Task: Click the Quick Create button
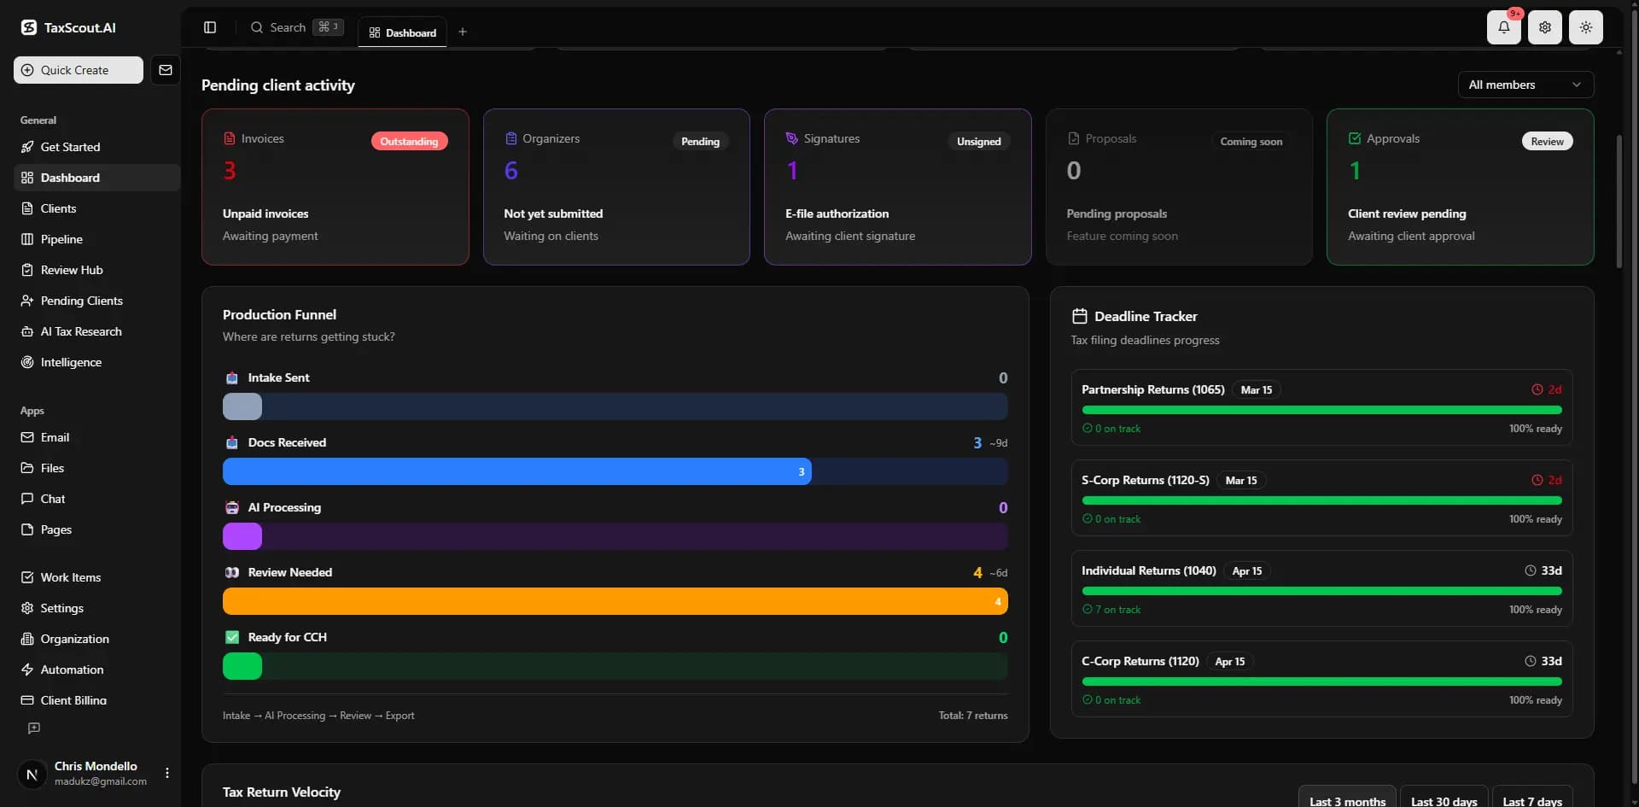79,70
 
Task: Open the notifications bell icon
1503,27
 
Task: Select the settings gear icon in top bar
1545,27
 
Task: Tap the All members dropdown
1525,85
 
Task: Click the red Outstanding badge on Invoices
409,141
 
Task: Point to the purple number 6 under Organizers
510,171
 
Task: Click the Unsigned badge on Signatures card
978,141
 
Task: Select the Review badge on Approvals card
1547,141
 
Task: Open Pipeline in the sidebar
61,239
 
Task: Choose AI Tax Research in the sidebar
81,331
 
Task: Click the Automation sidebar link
72,670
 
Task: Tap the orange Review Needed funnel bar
615,601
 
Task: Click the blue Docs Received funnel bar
517,471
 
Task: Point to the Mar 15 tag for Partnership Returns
1257,389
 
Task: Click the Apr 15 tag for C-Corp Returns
1229,661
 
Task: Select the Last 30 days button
1444,800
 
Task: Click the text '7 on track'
1117,610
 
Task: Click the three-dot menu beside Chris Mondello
167,773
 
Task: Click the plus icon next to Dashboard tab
463,32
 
